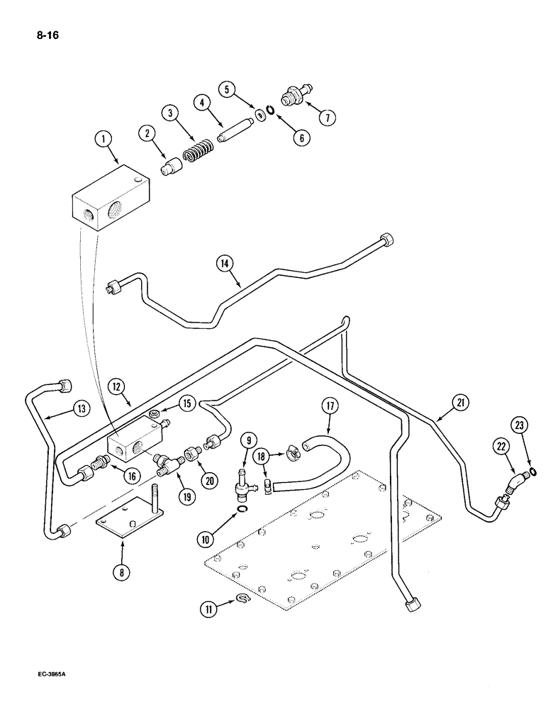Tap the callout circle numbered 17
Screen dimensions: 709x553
pos(330,409)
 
